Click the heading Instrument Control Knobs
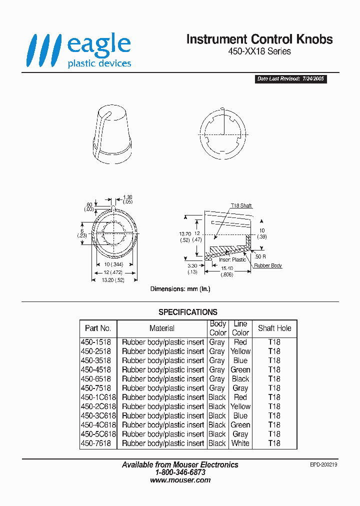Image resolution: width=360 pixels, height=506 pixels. pos(259,39)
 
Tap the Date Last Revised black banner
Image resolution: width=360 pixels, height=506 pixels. pos(291,79)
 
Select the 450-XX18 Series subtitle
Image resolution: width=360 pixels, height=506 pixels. pos(259,51)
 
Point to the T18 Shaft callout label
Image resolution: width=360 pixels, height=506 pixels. pos(241,206)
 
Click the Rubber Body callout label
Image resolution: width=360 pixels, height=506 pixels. pos(268,265)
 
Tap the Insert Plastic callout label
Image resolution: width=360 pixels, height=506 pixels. pos(232,259)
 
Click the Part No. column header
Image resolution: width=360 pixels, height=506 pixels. pos(98,328)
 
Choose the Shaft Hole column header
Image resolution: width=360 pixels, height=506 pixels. pos(274,328)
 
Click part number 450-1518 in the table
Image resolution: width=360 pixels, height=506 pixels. pos(96,342)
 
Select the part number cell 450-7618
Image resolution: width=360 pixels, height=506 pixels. pos(96,443)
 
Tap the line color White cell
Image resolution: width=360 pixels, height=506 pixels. pos(240,443)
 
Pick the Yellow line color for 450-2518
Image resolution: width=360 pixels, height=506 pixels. pos(240,351)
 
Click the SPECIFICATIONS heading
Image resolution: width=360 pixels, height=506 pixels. pos(188,312)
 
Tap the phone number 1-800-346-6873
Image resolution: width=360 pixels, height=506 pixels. pos(180,472)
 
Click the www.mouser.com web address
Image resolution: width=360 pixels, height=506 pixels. pos(180,480)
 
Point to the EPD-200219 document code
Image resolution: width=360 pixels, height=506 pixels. pos(324,464)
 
